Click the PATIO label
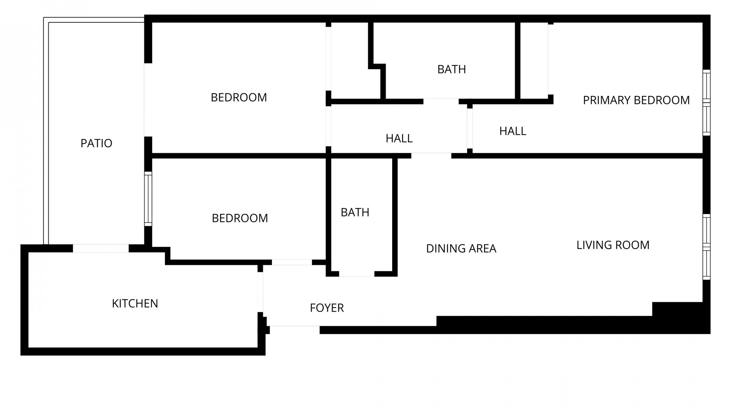point(96,143)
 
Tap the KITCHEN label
point(135,304)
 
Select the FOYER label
point(327,308)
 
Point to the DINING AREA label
point(461,249)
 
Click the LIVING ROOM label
point(613,245)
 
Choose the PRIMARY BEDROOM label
point(636,100)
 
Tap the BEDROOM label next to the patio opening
point(239,97)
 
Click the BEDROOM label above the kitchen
point(240,218)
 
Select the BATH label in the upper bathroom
point(452,69)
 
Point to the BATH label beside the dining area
point(355,212)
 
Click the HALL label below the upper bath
point(399,138)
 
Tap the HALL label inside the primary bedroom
point(512,131)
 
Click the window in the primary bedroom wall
point(706,103)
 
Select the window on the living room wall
point(706,247)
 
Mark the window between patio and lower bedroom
point(148,199)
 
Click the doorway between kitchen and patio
point(101,249)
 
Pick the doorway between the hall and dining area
point(431,156)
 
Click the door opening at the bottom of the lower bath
point(356,274)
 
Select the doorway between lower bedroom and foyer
point(292,262)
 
